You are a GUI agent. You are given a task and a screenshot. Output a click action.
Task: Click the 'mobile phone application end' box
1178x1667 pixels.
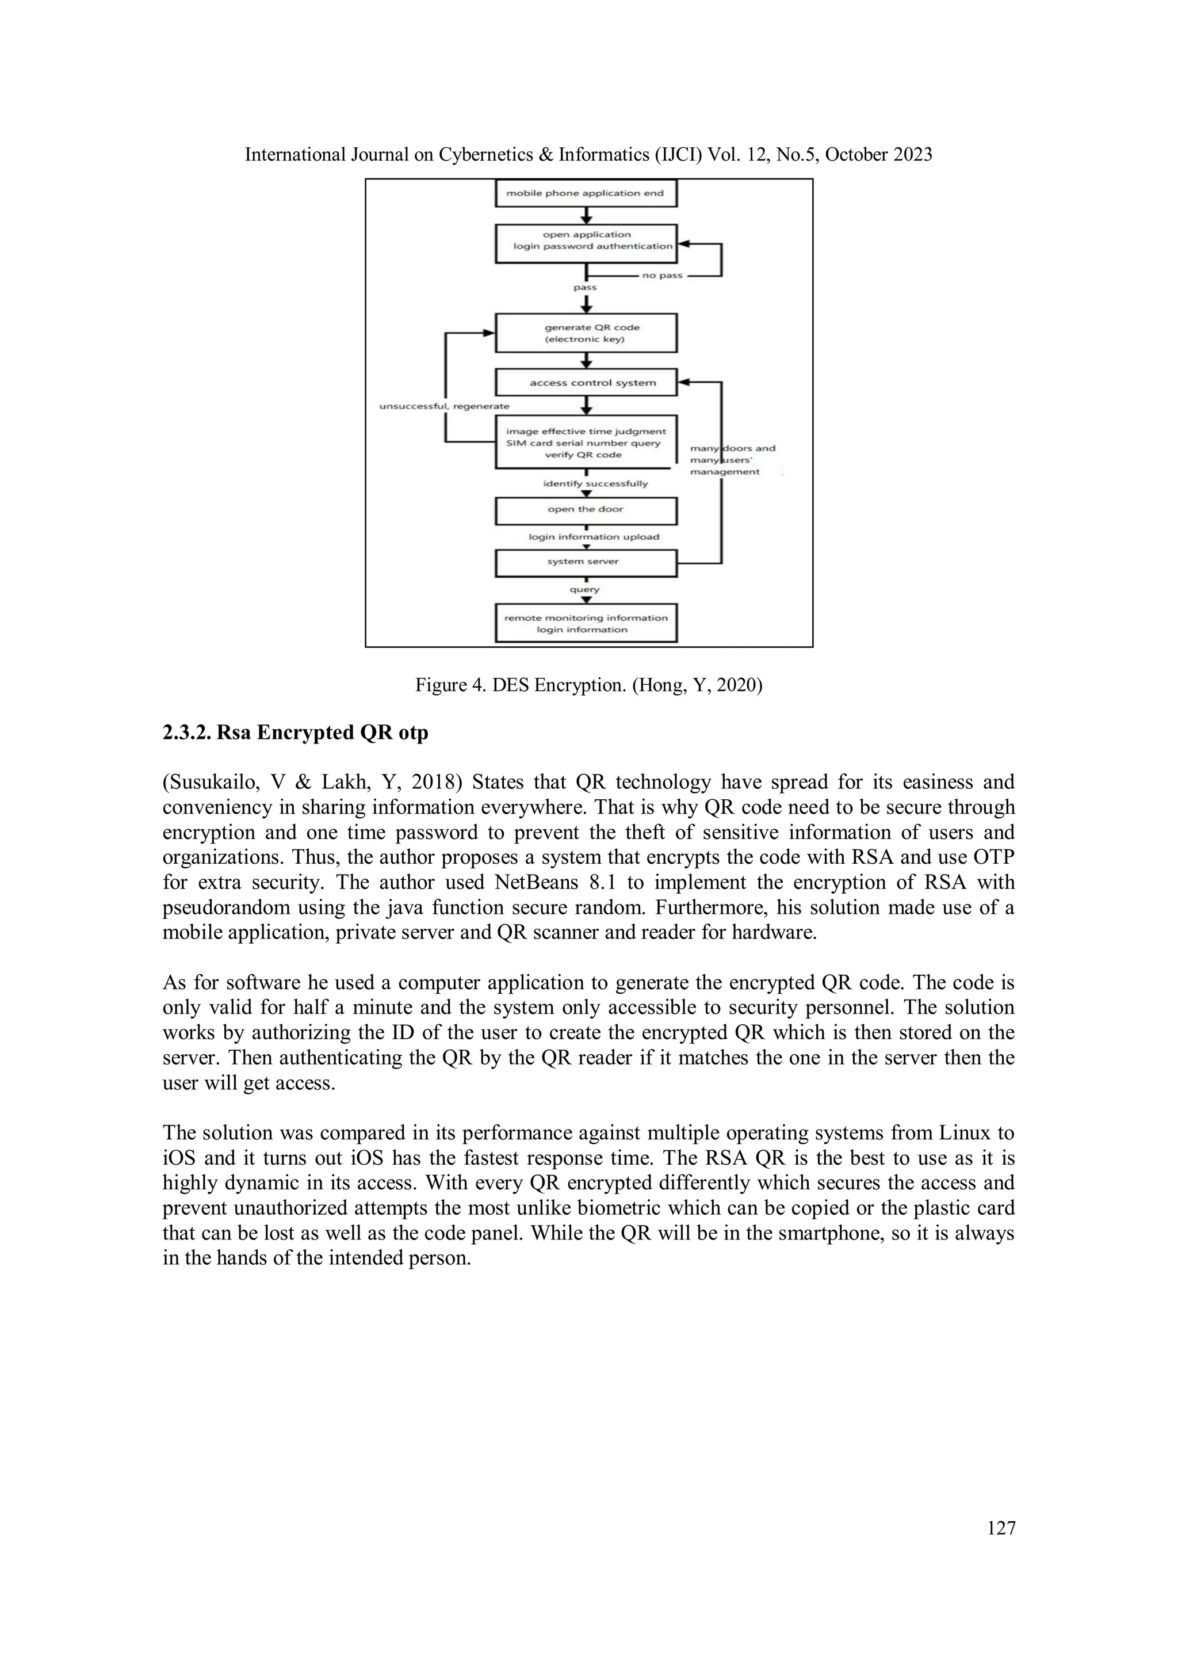coord(585,193)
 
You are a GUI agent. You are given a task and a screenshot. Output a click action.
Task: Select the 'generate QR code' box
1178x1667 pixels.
coord(585,333)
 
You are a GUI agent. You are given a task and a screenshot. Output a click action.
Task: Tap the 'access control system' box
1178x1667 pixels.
coord(585,383)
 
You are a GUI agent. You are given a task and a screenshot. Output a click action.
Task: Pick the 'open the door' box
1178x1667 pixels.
coord(585,510)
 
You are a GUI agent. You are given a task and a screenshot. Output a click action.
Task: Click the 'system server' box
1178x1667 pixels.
coord(585,562)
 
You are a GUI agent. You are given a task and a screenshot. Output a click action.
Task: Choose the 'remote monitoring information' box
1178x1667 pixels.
coord(585,624)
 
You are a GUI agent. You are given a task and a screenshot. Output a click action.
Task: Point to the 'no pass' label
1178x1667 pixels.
coord(662,276)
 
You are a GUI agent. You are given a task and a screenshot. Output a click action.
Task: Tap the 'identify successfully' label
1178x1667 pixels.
coord(595,483)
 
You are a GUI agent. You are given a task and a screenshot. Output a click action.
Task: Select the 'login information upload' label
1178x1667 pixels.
coord(594,537)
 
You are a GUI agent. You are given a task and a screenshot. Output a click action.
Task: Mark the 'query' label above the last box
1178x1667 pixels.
coord(584,590)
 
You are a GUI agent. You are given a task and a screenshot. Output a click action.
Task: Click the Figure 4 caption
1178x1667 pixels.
coord(588,685)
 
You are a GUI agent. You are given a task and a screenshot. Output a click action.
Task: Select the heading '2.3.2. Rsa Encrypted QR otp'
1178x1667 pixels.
coord(296,733)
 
